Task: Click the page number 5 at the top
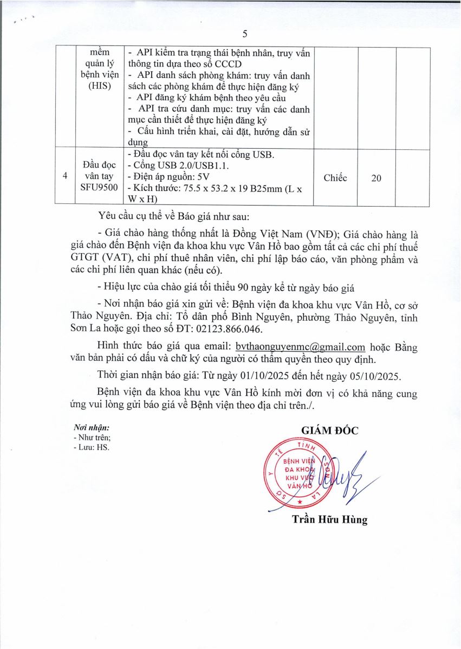(245, 34)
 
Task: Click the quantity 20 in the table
(376, 178)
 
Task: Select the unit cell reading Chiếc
(335, 178)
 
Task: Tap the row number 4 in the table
(66, 177)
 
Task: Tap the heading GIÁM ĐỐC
(330, 431)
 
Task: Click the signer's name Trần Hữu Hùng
(329, 520)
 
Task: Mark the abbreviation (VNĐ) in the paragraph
(322, 234)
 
